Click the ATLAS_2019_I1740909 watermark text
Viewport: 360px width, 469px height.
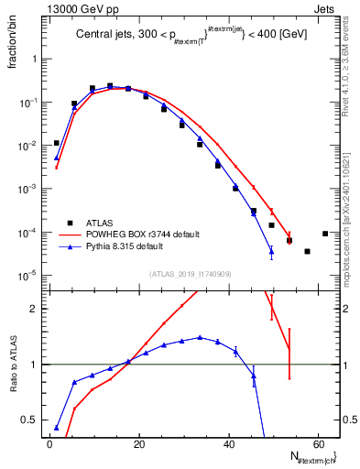[190, 273]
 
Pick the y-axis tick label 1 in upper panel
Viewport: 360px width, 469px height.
[34, 59]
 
